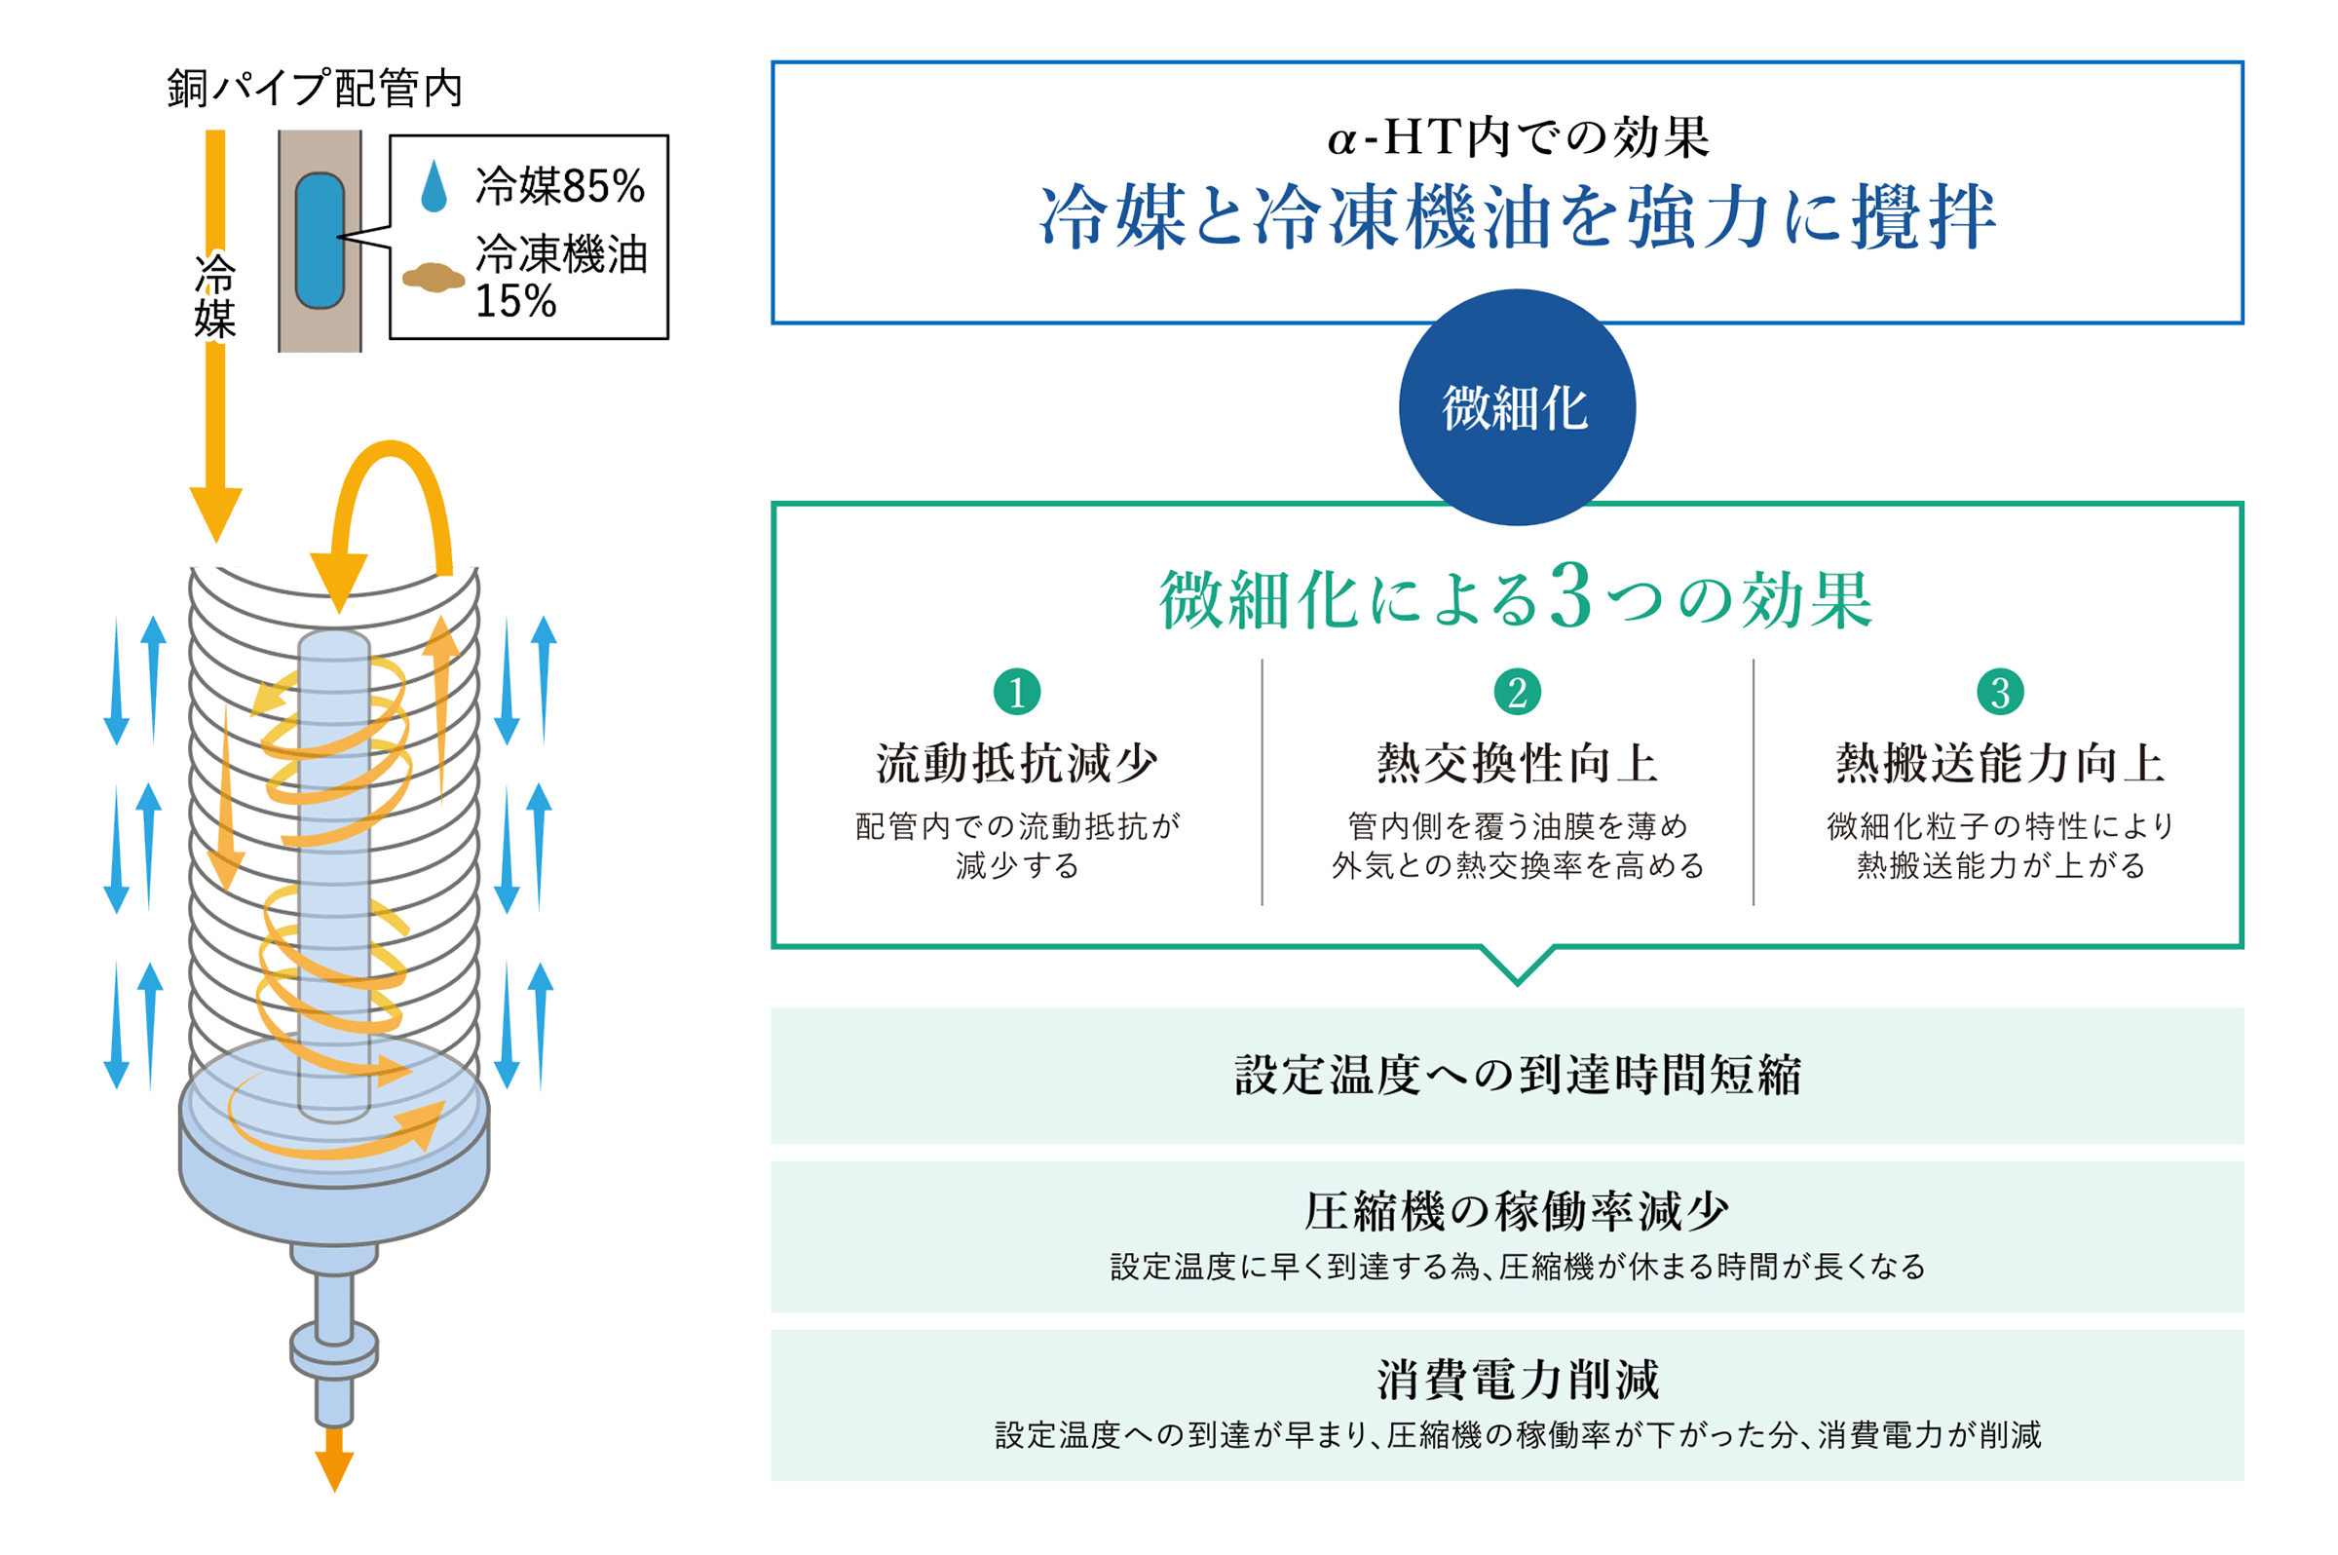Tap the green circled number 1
1016,691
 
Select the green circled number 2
1516,691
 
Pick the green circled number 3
1999,691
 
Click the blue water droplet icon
434,186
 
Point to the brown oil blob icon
434,278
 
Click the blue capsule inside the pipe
320,240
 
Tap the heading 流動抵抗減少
1016,763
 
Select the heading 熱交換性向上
1516,763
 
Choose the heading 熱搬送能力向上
1999,763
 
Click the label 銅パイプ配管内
315,89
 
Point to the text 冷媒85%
560,185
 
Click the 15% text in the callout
515,300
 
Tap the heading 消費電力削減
1516,1380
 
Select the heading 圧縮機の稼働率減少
1516,1210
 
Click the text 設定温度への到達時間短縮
1516,1074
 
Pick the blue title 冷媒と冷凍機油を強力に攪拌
1516,217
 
